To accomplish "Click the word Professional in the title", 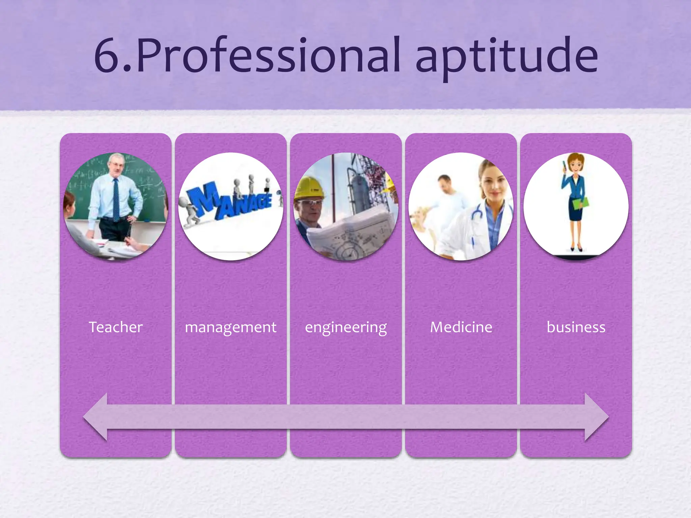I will click(x=268, y=56).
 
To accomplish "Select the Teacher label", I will click(x=115, y=327).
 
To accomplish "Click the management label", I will click(x=230, y=327).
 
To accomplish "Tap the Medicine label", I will click(x=461, y=327).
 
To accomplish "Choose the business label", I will click(x=576, y=327).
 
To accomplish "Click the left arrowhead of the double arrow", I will click(x=96, y=417).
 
